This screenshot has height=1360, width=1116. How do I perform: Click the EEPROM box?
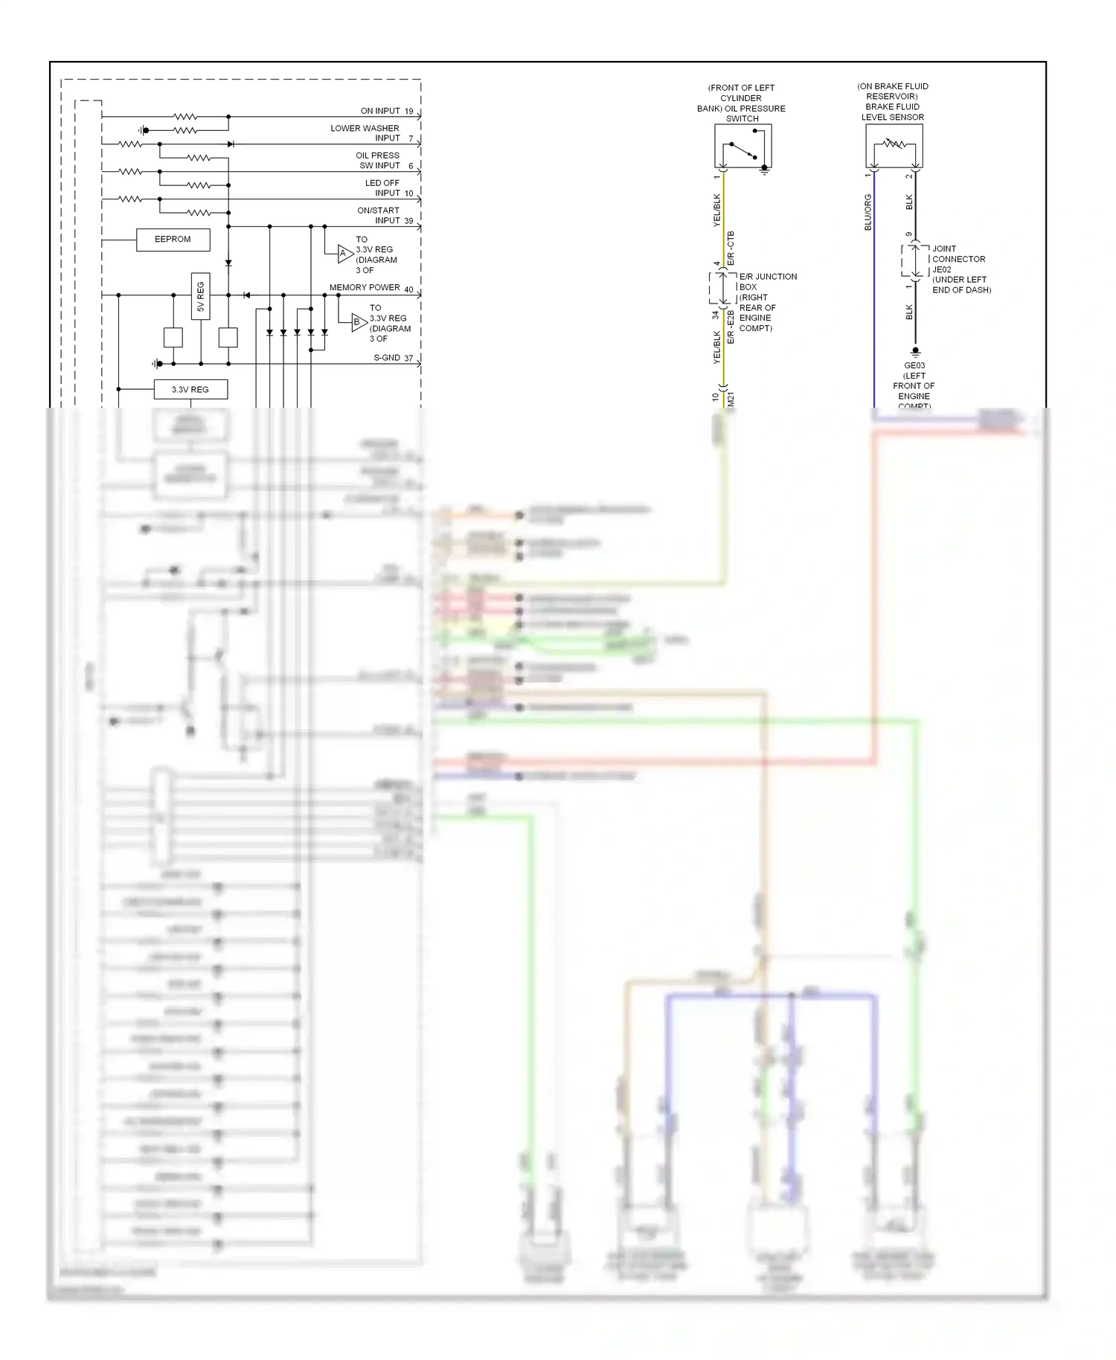pos(173,240)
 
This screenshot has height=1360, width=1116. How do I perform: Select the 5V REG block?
pos(200,296)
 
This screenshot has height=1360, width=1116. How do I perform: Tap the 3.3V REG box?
pos(190,390)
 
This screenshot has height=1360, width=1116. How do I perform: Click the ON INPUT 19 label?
pos(386,111)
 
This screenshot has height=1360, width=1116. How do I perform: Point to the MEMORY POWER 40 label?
pos(371,288)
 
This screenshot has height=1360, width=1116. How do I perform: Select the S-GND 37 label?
pos(393,358)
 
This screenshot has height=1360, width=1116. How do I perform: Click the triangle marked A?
pos(344,254)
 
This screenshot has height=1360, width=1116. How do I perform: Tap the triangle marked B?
pos(359,322)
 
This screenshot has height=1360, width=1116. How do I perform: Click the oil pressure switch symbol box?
pos(743,146)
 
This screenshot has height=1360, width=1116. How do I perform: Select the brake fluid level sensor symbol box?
pos(894,146)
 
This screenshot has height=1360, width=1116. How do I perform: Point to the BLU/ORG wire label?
pos(868,212)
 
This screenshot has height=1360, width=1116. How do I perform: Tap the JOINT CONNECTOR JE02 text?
pos(960,269)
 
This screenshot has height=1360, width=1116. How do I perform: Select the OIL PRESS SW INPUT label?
pos(378,161)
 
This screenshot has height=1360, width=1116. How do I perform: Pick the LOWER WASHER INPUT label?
pos(365,133)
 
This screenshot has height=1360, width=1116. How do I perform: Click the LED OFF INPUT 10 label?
pos(388,188)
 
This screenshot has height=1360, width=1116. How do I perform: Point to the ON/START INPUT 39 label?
pos(384,216)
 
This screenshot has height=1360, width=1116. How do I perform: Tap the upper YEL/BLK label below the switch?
pos(717,211)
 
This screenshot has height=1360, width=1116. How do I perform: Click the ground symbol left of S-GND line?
pos(155,364)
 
